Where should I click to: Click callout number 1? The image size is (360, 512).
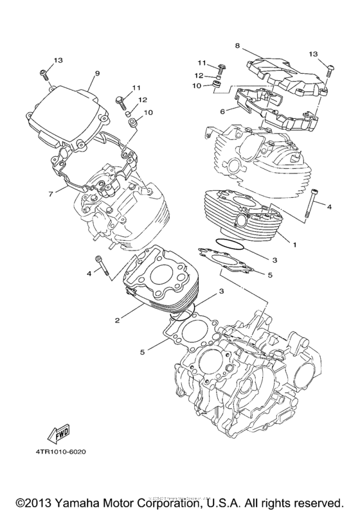[295, 244]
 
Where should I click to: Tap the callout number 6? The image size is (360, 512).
[222, 111]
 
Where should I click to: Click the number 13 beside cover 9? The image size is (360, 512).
[59, 60]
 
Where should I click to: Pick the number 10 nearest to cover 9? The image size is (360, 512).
[148, 113]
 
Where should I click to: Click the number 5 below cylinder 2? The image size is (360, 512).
[141, 351]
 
